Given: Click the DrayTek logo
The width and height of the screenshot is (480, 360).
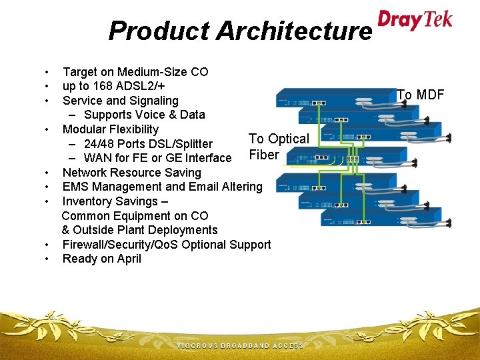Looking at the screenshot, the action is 415,19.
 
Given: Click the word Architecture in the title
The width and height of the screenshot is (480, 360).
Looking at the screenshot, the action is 294,31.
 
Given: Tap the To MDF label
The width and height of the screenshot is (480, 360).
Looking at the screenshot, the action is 421,95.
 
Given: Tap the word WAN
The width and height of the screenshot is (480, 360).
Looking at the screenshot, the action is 99,158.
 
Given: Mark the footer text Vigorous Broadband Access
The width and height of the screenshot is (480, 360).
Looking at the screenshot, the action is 240,346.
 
